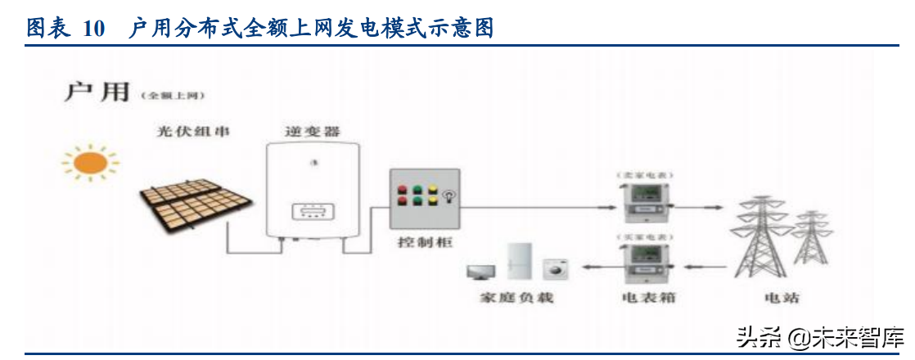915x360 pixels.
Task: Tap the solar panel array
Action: pos(185,205)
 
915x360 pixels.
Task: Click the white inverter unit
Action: pos(312,190)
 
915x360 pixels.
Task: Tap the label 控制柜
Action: pos(424,243)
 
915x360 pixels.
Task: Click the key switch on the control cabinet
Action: pos(448,196)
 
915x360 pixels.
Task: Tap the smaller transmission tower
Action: pos(810,237)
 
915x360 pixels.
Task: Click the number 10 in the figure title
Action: pos(94,29)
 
